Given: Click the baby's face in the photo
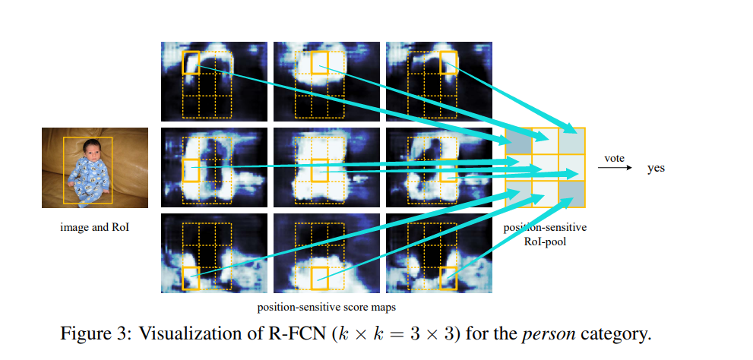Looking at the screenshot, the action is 93,150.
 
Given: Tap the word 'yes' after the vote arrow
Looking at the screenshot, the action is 656,168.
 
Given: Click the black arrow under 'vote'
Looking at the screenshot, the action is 615,168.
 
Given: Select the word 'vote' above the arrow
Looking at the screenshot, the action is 614,158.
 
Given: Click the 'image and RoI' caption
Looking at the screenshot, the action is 95,227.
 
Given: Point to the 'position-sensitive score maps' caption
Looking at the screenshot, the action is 327,307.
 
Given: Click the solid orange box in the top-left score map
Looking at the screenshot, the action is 191,62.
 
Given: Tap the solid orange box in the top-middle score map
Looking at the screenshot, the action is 319,63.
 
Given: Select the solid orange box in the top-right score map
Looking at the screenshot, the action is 448,62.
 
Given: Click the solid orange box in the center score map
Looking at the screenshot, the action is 319,170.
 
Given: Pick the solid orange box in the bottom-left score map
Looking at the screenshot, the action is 191,278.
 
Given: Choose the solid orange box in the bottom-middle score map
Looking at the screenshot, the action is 319,278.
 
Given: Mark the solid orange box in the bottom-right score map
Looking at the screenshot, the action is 448,278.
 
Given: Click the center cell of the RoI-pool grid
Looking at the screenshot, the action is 545,168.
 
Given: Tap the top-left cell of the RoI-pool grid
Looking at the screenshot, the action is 519,141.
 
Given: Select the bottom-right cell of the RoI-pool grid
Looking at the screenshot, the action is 571,194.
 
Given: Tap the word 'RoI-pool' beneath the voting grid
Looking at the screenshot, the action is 545,242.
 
